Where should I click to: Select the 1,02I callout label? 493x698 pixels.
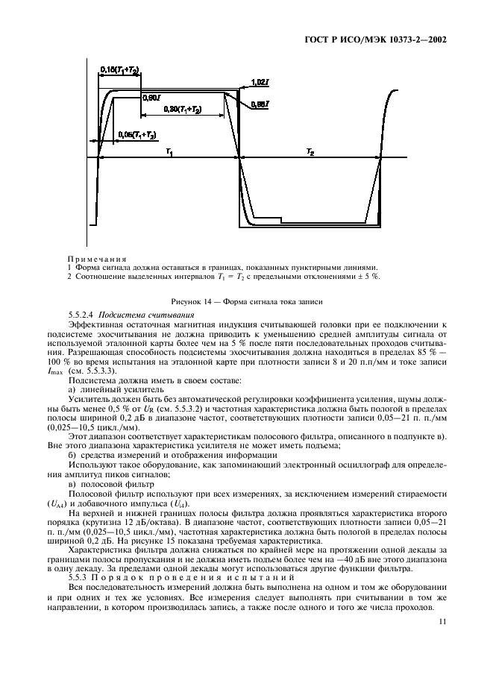260,81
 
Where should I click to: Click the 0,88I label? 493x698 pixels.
260,104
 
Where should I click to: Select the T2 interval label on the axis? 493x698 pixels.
310,151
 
